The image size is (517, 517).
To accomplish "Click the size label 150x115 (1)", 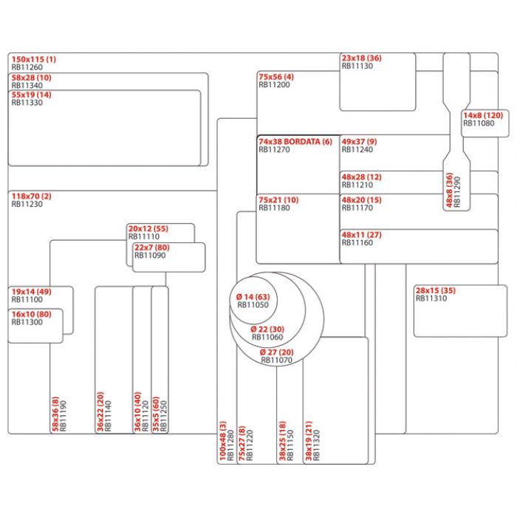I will coord(33,59).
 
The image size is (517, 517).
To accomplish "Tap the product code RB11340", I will coord(27,85).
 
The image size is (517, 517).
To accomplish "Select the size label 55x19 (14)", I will coord(31,95).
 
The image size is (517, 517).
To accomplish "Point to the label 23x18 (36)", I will coord(361,58).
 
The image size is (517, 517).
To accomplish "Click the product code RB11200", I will coord(274,85).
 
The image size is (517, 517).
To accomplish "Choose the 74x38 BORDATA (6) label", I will coord(295,141).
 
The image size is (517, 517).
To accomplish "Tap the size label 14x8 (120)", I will coord(482,115).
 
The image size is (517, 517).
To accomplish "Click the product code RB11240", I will coord(357,149).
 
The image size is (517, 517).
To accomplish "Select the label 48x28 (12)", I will coord(361,177).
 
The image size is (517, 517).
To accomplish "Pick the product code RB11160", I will coord(357,242).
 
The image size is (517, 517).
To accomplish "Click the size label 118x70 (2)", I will coord(31,196).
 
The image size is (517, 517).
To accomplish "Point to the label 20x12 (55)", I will coord(148,229).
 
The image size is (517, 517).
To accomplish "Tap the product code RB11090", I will coord(150,256).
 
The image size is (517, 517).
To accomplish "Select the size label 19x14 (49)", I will coord(30,292).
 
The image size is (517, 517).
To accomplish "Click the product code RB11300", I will coord(27,322).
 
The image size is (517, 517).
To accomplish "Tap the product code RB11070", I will coord(276,360).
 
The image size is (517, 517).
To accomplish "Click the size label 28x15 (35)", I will coord(435,290).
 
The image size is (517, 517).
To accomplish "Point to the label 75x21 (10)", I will coord(278,200).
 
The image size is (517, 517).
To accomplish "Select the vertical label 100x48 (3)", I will coord(222,441).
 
